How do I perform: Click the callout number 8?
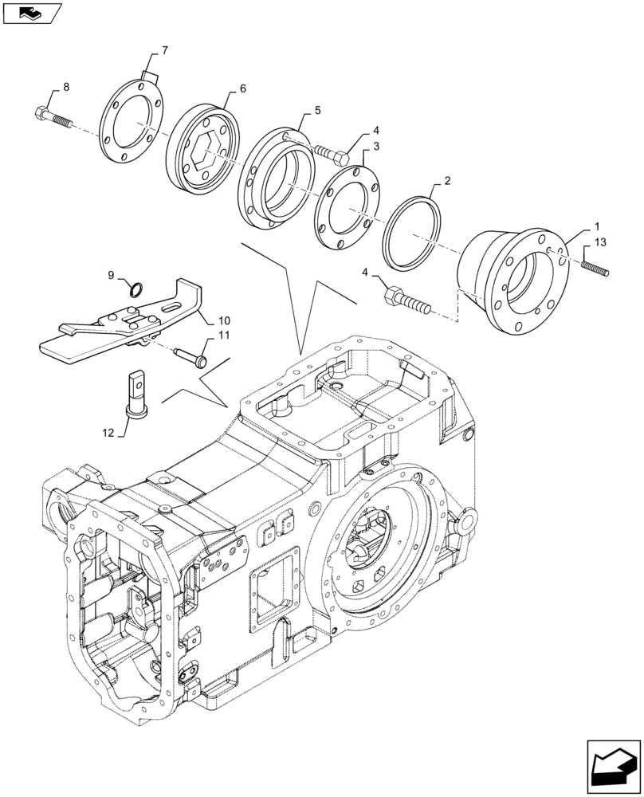65,86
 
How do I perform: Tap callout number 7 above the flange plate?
164,50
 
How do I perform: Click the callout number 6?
242,89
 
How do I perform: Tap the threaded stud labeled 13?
595,265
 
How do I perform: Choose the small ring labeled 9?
136,289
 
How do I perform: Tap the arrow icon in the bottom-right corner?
611,766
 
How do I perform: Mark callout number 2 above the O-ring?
447,181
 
